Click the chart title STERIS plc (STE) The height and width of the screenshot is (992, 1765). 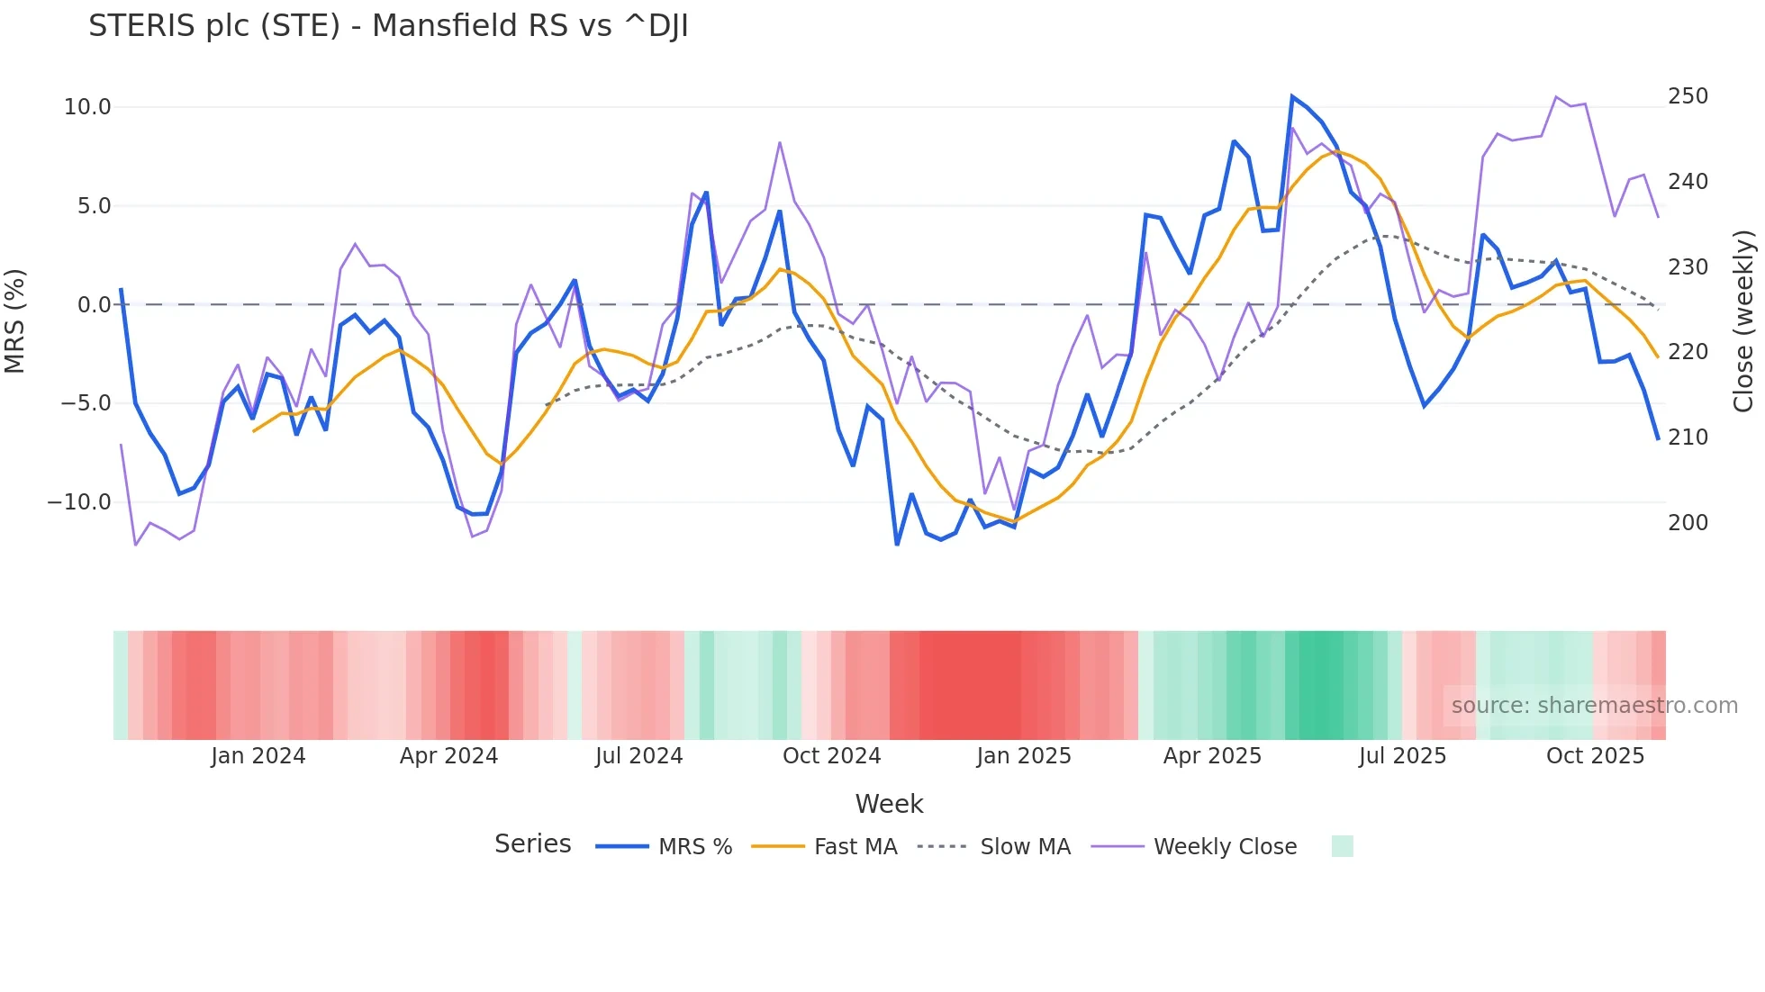[x=388, y=26]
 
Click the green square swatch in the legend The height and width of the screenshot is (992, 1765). [x=1342, y=846]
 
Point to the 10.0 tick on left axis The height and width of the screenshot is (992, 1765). [x=87, y=107]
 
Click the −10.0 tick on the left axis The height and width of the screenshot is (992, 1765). [x=80, y=502]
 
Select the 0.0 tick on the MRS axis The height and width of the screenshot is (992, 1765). [x=94, y=305]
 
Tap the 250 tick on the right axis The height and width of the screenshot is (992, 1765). [x=1688, y=96]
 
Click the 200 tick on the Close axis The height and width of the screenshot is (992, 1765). [x=1688, y=523]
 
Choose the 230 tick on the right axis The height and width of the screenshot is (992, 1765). [x=1688, y=267]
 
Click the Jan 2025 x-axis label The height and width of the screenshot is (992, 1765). [x=1024, y=756]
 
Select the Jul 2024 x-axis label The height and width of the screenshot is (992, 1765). [x=638, y=756]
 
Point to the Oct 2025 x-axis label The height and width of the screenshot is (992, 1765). [x=1595, y=756]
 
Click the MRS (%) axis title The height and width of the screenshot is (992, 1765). [x=15, y=321]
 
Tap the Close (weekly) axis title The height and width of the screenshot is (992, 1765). [x=1743, y=321]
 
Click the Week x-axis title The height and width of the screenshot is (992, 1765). [x=889, y=804]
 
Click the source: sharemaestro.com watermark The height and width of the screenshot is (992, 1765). [x=1594, y=706]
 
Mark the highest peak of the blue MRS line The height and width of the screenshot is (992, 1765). [x=1292, y=96]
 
